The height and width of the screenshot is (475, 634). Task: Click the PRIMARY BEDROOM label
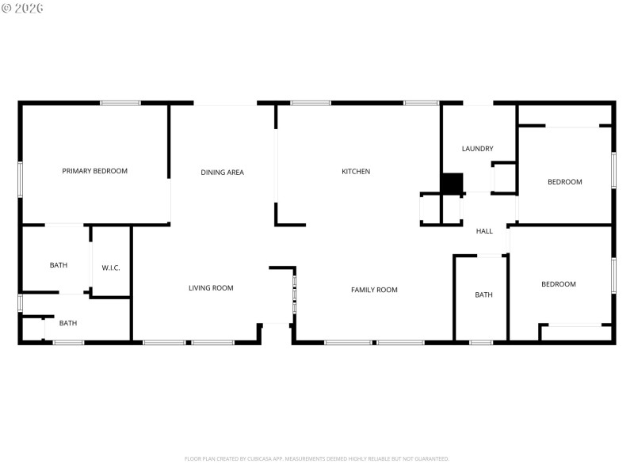pos(94,171)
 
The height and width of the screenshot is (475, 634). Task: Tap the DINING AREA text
pos(222,172)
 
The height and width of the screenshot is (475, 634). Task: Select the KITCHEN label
pos(356,171)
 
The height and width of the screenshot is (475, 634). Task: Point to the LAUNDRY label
pos(478,148)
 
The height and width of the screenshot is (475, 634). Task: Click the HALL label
pos(484,231)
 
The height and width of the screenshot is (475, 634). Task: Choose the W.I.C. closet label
pos(111,268)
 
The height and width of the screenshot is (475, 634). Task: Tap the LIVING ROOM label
pos(211,288)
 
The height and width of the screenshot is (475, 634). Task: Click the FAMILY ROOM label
pos(374,290)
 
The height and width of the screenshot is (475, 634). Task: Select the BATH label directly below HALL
pos(483,294)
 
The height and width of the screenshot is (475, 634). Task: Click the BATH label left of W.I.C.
pos(59,265)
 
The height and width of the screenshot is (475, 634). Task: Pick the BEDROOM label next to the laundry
pos(565,182)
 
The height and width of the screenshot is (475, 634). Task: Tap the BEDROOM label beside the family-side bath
pos(559,284)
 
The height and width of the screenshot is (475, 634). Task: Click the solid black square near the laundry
pos(452,183)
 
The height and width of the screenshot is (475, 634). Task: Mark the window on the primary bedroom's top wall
pos(120,103)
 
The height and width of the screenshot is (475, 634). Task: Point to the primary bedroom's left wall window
pos(21,179)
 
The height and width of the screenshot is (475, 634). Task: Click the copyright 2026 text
pos(22,8)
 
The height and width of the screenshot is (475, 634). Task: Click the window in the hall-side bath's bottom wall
pos(481,342)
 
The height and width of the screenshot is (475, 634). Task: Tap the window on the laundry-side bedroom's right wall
pos(613,170)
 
